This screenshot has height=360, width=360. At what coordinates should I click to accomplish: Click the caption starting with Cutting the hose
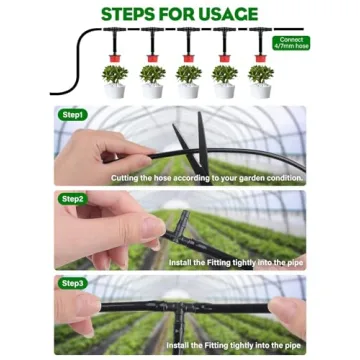tap(206, 178)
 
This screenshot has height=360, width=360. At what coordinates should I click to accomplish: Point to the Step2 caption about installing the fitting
tap(234, 262)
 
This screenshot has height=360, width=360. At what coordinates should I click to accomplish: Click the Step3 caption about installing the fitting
tap(234, 345)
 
